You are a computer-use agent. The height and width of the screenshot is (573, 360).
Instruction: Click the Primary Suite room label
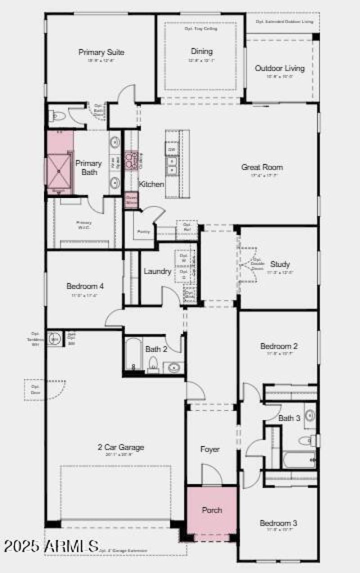[x=101, y=52]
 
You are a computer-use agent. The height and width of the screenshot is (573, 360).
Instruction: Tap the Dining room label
[x=201, y=51]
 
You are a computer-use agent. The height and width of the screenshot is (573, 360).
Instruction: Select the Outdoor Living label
[x=279, y=68]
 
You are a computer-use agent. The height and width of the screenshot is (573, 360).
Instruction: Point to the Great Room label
[x=262, y=167]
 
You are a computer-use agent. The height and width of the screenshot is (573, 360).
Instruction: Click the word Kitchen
[x=151, y=184]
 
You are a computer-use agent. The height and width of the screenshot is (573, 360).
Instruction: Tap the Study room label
[x=280, y=264]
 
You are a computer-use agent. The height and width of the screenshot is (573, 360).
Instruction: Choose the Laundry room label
[x=157, y=271]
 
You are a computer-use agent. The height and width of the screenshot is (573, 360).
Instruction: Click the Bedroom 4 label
[x=85, y=286]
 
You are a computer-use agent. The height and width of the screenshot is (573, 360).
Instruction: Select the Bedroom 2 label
[x=279, y=346]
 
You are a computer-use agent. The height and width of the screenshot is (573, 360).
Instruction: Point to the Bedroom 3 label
[x=278, y=523]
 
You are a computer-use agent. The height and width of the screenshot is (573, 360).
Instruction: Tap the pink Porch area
[x=211, y=510]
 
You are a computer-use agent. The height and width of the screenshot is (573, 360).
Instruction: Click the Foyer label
[x=210, y=449]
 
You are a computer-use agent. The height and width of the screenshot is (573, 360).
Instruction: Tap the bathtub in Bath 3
[x=300, y=460]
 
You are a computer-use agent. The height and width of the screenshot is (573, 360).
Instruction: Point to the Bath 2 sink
[x=173, y=368]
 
